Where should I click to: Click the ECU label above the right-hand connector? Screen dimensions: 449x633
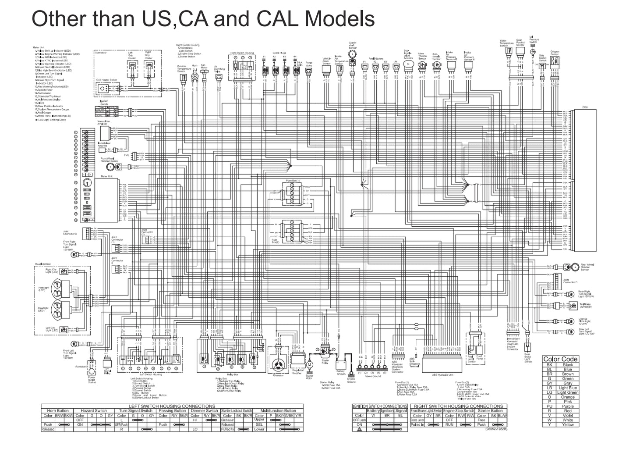pyautogui.click(x=585, y=107)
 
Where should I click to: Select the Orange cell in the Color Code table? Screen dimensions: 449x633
pyautogui.click(x=568, y=397)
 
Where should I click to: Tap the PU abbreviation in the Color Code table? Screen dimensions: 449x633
pyautogui.click(x=549, y=406)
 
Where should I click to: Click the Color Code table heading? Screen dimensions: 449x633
pyautogui.click(x=560, y=359)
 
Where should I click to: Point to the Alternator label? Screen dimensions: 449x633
pyautogui.click(x=278, y=375)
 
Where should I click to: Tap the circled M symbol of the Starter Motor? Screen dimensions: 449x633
pyautogui.click(x=310, y=364)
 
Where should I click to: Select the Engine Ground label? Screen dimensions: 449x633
pyautogui.click(x=351, y=380)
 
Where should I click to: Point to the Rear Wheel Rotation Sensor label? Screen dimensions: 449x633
pyautogui.click(x=587, y=267)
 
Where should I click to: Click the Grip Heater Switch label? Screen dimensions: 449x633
pyautogui.click(x=106, y=80)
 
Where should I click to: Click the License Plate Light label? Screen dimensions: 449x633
pyautogui.click(x=583, y=321)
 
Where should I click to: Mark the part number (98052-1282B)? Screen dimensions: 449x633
pyautogui.click(x=493, y=429)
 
